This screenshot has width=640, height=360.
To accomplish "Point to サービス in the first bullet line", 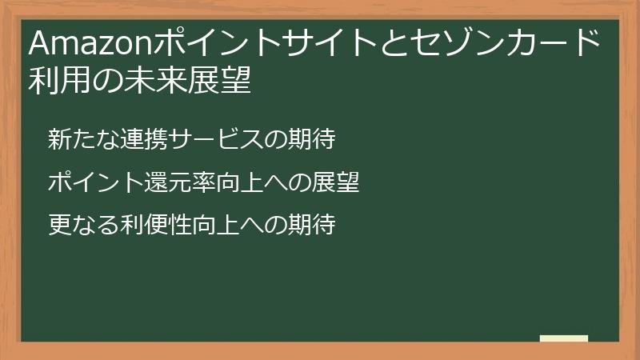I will coord(213,140).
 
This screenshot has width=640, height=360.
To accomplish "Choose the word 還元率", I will coord(177,183).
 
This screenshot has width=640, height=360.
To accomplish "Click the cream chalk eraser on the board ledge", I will coord(564,338).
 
